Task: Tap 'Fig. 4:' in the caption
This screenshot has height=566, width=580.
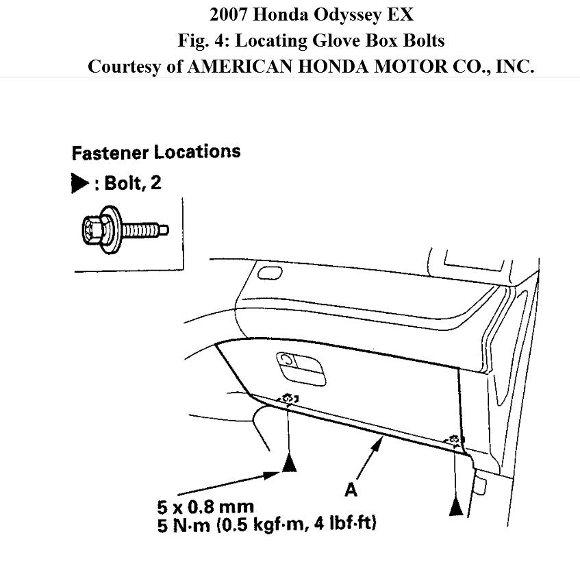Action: point(203,40)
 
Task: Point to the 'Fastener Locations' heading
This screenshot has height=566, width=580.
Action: point(156,151)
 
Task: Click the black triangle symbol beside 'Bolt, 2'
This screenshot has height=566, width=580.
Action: point(79,184)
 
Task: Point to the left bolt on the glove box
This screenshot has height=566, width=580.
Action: point(288,398)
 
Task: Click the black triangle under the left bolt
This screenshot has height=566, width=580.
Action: point(290,464)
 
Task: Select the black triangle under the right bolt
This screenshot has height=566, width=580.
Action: point(456,507)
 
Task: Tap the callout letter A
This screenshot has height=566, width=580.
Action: point(351,489)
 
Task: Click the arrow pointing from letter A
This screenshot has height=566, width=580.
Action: point(368,459)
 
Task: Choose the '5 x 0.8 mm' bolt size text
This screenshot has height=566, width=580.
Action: point(205,508)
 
